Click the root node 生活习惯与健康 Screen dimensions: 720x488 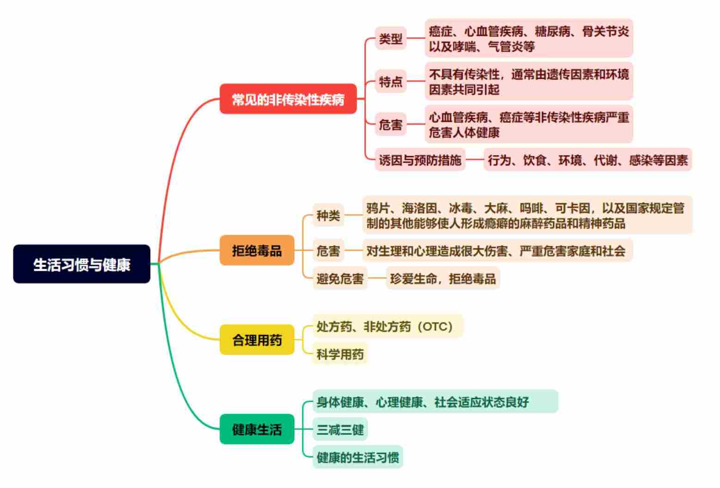[82, 264]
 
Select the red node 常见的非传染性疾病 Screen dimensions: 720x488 [288, 99]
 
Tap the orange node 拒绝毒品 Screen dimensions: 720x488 [257, 250]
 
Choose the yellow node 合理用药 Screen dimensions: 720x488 [257, 340]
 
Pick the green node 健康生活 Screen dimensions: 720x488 [257, 429]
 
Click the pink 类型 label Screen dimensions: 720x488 [391, 38]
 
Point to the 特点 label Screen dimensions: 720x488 [391, 81]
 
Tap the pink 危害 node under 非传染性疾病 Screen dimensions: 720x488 [391, 124]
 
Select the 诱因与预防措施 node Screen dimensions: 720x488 [420, 159]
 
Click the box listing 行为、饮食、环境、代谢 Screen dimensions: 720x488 [587, 159]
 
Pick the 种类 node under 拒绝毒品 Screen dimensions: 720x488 [328, 215]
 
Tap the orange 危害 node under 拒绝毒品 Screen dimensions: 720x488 [328, 250]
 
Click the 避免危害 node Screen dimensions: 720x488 [340, 278]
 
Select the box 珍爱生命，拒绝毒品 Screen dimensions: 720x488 [443, 278]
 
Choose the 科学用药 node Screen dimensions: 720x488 [340, 354]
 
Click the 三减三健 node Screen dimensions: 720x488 [340, 429]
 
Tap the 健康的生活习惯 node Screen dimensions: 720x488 [358, 457]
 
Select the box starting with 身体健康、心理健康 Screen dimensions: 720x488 [435, 401]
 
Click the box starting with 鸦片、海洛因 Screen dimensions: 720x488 [527, 215]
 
